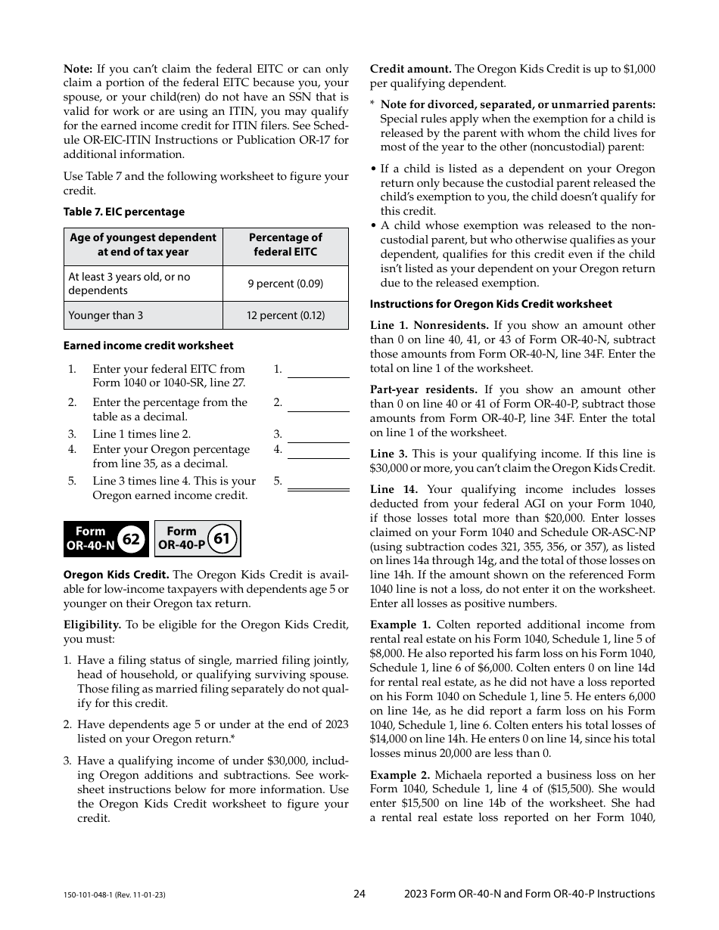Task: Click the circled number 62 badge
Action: [131, 539]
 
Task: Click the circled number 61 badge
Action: [222, 539]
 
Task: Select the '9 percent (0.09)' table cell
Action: [285, 284]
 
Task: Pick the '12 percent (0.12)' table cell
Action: [285, 315]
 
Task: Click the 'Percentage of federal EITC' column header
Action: [285, 245]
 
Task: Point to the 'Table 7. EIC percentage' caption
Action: [124, 212]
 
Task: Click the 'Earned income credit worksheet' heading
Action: [148, 346]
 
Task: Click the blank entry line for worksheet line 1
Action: [318, 371]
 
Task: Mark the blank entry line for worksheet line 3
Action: [318, 436]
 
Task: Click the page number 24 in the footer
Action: [359, 894]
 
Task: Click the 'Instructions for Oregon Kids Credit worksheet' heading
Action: [490, 304]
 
